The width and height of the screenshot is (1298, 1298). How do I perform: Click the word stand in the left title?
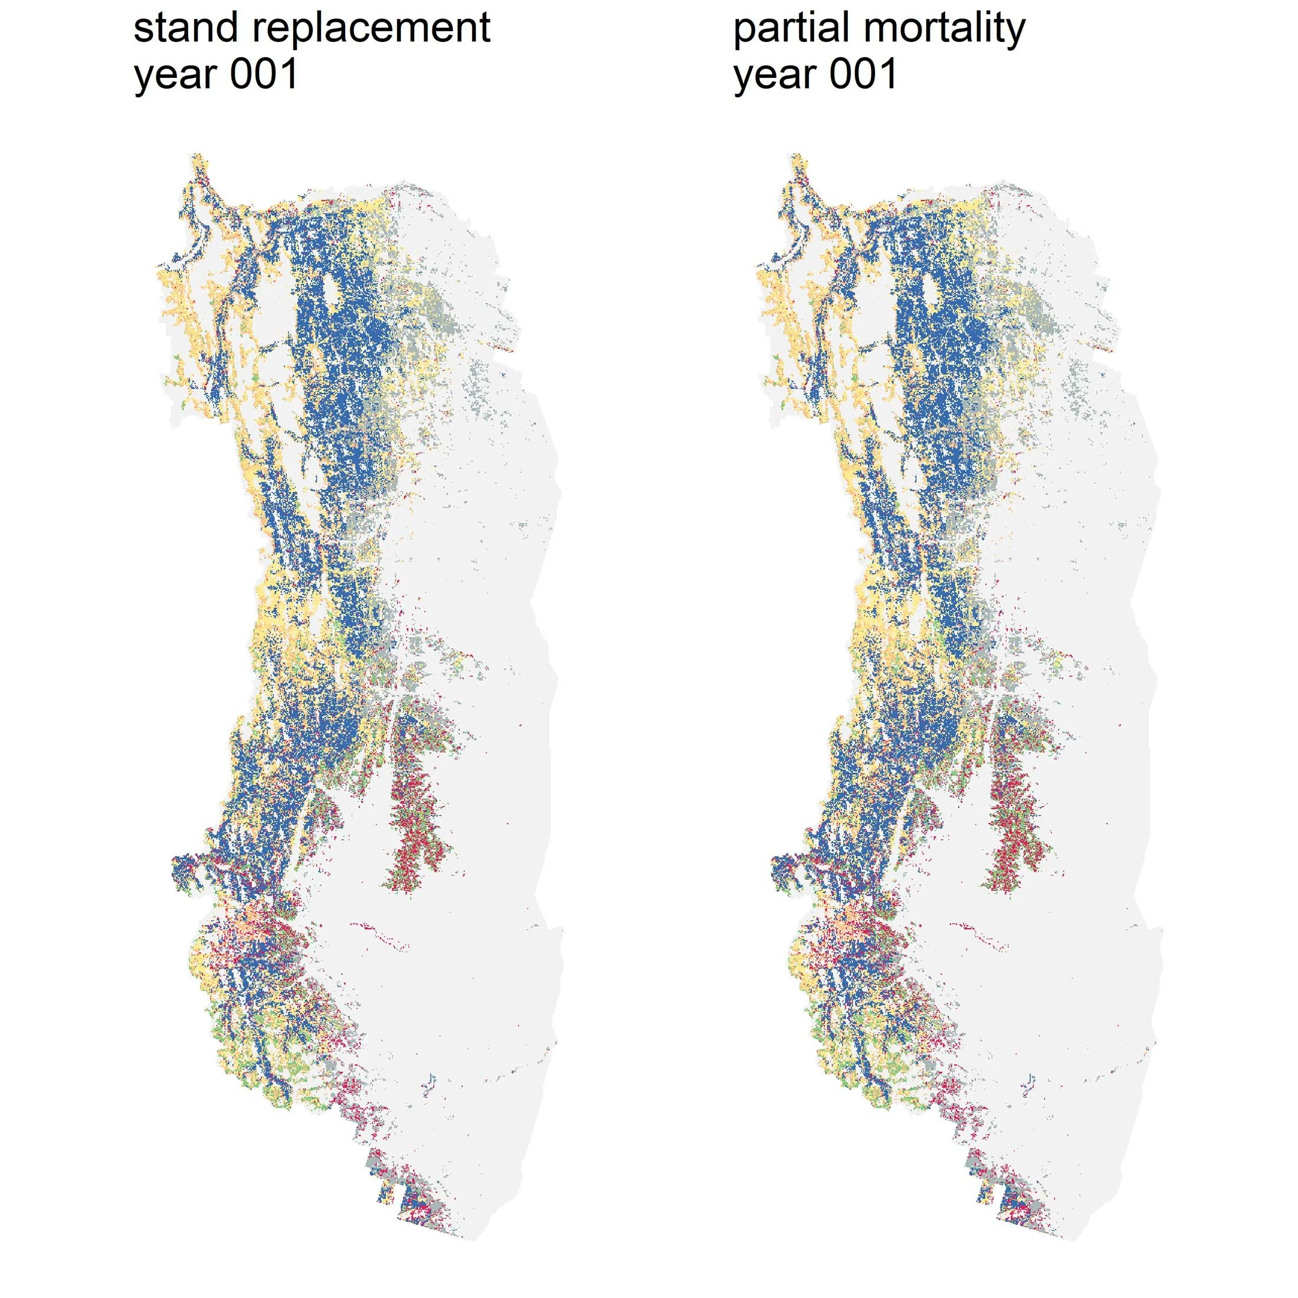186,28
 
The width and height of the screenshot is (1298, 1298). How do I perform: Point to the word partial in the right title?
791,29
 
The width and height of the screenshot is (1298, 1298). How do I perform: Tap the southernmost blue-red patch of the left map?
415,1209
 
